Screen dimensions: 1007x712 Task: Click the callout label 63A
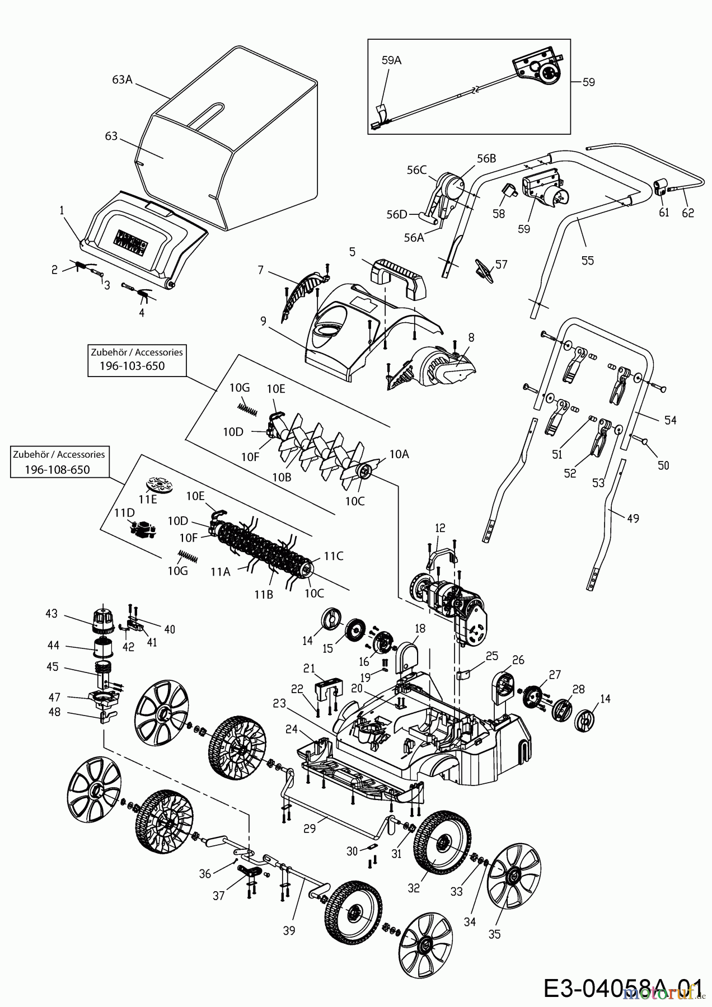coord(122,79)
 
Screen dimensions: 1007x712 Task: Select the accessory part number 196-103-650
coord(133,366)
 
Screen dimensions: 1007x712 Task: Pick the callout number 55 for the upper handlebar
coord(587,260)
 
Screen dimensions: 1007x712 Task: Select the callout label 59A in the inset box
coord(391,60)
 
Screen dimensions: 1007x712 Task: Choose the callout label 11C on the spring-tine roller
coord(333,556)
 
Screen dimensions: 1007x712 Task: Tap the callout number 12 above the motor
coord(441,528)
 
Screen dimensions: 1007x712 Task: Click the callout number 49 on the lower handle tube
coord(633,518)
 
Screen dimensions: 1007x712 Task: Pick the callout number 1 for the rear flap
coord(62,210)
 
